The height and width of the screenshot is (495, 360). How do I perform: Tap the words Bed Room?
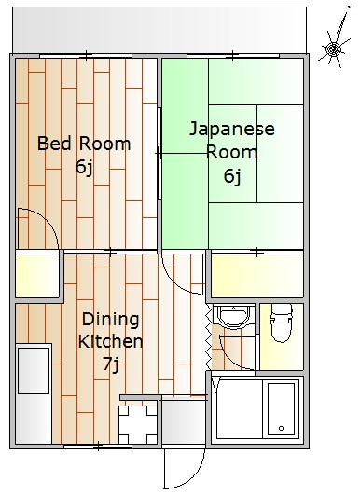tap(84, 144)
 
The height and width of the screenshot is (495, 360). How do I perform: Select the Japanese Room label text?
tap(232, 140)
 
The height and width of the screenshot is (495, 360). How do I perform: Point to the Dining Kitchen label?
tap(110, 330)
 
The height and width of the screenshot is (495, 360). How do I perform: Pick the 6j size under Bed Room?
tap(84, 168)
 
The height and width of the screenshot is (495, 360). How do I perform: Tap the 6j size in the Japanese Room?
tap(232, 174)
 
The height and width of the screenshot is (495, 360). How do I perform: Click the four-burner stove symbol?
tap(137, 424)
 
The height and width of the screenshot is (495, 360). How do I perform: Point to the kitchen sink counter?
tap(34, 392)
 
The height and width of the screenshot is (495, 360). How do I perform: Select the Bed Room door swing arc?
tap(35, 227)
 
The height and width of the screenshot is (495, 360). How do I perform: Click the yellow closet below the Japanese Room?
tap(256, 274)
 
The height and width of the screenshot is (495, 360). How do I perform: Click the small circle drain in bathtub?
tap(279, 430)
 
